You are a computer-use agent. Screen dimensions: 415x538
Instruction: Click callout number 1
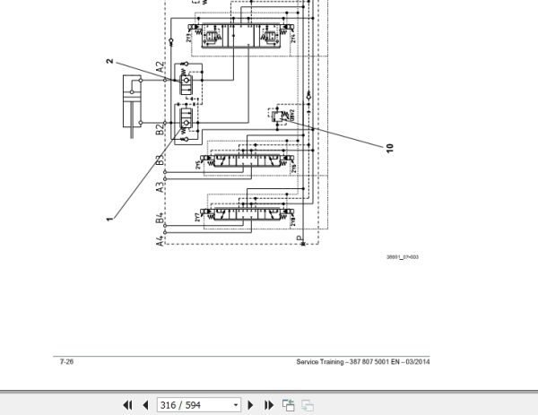coord(108,218)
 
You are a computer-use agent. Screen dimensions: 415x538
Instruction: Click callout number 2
coord(109,61)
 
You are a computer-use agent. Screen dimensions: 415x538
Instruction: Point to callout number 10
coord(390,147)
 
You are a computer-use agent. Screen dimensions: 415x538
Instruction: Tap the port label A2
coord(160,68)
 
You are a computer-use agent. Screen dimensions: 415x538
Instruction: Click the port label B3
coord(160,161)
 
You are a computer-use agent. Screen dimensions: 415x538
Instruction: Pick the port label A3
coord(160,187)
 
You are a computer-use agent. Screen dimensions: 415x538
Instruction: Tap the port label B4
coord(160,216)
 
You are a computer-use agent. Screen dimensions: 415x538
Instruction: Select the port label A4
coord(160,239)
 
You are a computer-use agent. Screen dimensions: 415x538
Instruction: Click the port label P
coord(299,239)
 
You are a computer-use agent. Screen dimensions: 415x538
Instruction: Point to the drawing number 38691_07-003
coord(403,257)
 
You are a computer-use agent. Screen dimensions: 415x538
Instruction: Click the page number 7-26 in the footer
coord(66,363)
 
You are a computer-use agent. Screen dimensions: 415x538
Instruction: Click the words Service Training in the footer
coord(320,363)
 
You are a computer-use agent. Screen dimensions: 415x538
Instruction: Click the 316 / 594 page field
coord(198,405)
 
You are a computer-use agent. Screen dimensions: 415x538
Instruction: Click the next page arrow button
coord(251,405)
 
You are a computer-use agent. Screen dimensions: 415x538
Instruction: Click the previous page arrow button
coord(144,405)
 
